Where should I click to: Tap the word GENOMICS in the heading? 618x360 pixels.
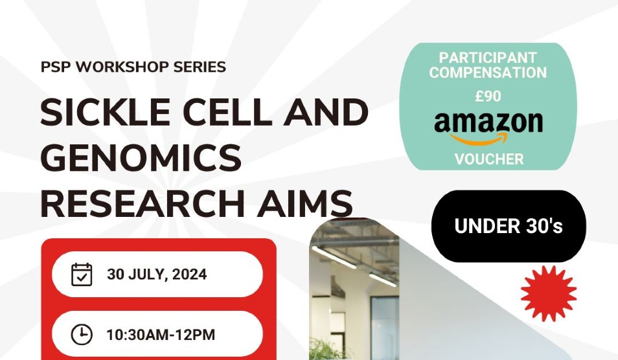pyautogui.click(x=141, y=158)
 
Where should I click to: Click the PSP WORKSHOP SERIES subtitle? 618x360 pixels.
pyautogui.click(x=133, y=67)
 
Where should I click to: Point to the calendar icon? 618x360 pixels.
pyautogui.click(x=82, y=274)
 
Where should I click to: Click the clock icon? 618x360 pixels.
pyautogui.click(x=82, y=335)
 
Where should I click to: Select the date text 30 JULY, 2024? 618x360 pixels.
pyautogui.click(x=157, y=274)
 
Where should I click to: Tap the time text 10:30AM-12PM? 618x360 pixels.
pyautogui.click(x=161, y=335)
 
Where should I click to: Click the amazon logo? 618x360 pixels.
pyautogui.click(x=488, y=123)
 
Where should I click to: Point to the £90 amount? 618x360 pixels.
pyautogui.click(x=488, y=96)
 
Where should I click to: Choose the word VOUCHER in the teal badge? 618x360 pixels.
pyautogui.click(x=488, y=159)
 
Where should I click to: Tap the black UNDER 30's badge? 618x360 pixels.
pyautogui.click(x=509, y=226)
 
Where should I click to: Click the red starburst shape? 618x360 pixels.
pyautogui.click(x=548, y=293)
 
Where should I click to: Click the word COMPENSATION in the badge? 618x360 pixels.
pyautogui.click(x=488, y=73)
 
